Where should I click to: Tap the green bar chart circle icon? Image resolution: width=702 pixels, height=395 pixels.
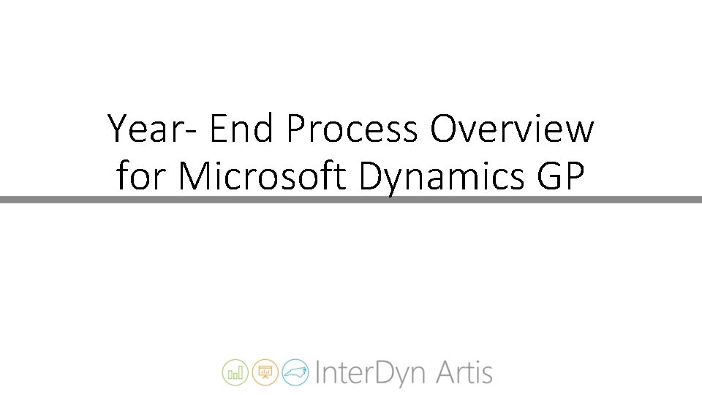(x=235, y=372)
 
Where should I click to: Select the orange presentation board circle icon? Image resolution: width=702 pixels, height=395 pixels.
(x=265, y=372)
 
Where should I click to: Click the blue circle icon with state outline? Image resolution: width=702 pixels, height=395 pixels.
(x=295, y=372)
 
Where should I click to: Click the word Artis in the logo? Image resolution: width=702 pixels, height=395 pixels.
(x=465, y=372)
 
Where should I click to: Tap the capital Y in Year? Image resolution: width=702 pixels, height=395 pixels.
(x=119, y=130)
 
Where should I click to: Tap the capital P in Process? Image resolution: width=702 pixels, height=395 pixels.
(x=297, y=130)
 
